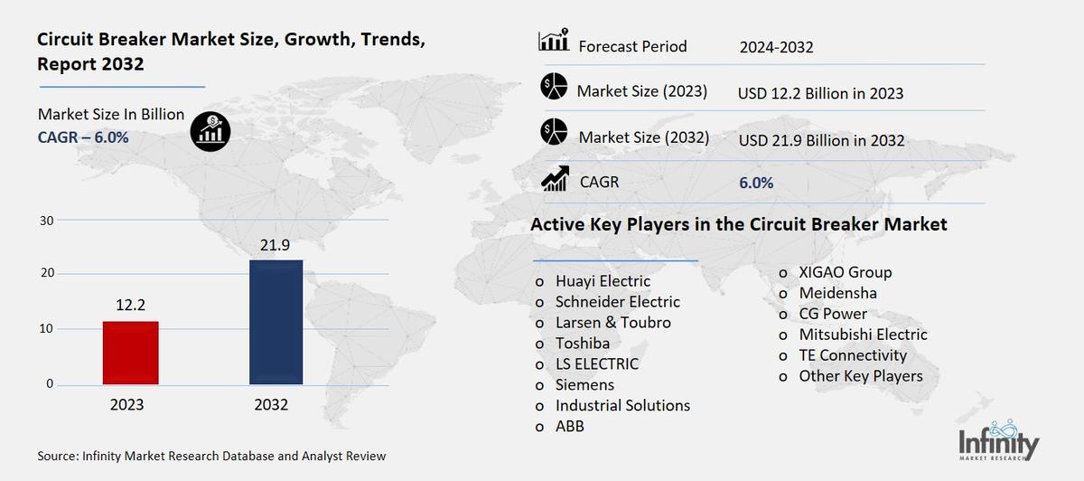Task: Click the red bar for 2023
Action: point(131,353)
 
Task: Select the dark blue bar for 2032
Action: point(276,322)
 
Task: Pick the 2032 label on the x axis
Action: point(272,405)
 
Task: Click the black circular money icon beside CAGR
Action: point(210,131)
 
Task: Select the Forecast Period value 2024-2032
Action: point(775,47)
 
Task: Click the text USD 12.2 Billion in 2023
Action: point(820,93)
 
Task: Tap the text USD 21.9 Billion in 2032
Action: point(821,140)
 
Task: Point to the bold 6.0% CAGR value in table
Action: point(755,183)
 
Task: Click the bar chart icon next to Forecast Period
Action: point(553,42)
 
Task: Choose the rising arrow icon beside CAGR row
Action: point(554,179)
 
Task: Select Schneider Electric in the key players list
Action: point(617,302)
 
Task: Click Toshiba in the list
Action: point(582,344)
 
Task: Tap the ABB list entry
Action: point(569,426)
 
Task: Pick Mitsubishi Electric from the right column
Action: point(863,335)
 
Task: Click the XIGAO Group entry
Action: point(845,272)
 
